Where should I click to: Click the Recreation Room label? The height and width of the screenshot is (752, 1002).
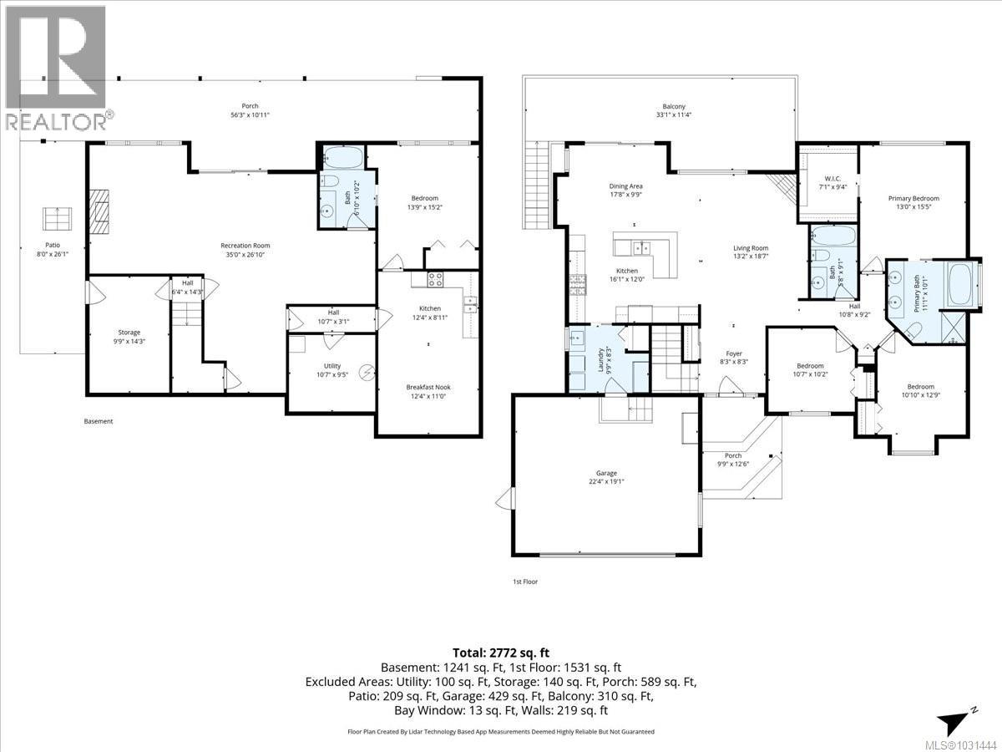[x=245, y=245]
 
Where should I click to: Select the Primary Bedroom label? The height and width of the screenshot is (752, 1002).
[x=913, y=198]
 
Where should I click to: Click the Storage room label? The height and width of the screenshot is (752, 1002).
[x=129, y=332]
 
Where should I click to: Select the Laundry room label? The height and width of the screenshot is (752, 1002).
[x=600, y=360]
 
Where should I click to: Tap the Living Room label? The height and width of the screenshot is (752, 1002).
[x=751, y=248]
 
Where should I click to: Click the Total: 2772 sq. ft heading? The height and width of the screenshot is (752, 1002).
[x=501, y=653]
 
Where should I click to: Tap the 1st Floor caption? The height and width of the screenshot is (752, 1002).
[x=525, y=582]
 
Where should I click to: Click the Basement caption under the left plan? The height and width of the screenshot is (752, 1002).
[x=99, y=421]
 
